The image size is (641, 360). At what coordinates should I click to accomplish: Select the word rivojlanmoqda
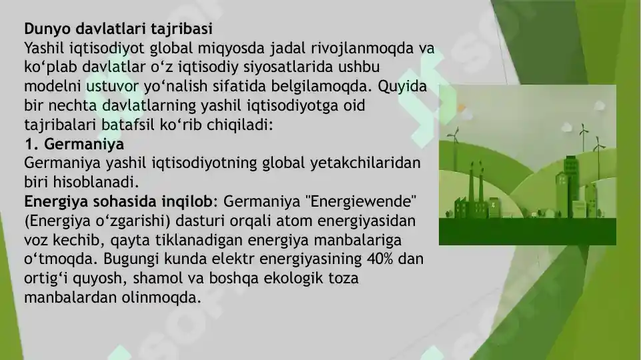359,49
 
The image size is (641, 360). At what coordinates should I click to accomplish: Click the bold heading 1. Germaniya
74,144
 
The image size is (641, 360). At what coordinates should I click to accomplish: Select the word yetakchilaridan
365,163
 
